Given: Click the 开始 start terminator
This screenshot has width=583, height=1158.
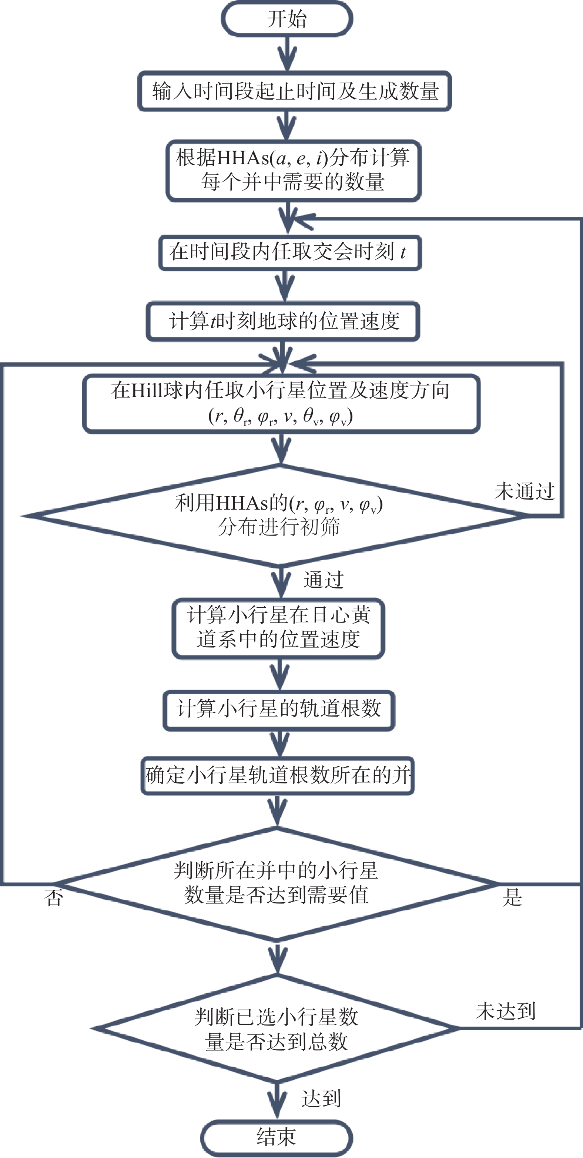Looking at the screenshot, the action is coord(287,19).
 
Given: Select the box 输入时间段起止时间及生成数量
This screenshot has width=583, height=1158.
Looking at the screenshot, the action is coord(294,91).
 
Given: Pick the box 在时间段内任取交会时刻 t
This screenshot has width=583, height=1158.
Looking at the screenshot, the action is coord(290,253).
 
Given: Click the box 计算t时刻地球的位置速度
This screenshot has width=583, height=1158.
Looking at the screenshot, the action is coord(283,321).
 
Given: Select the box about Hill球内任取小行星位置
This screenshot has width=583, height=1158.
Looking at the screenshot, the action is coord(281,404).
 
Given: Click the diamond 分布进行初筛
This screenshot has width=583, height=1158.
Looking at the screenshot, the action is coord(279,515).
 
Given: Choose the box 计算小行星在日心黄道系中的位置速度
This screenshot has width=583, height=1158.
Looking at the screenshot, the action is coord(279,628).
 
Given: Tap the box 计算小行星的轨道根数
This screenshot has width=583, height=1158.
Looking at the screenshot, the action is coord(279,710).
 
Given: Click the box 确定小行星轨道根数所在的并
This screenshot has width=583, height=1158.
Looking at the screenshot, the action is coord(278,775).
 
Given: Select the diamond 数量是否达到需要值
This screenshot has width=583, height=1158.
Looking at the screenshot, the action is coord(277,883).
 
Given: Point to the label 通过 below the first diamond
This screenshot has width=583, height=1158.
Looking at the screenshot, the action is coord(324,580).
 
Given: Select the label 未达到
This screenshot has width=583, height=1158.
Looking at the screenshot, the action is coord(506,1011).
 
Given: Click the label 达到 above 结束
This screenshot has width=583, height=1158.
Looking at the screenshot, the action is coord(321,1099).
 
